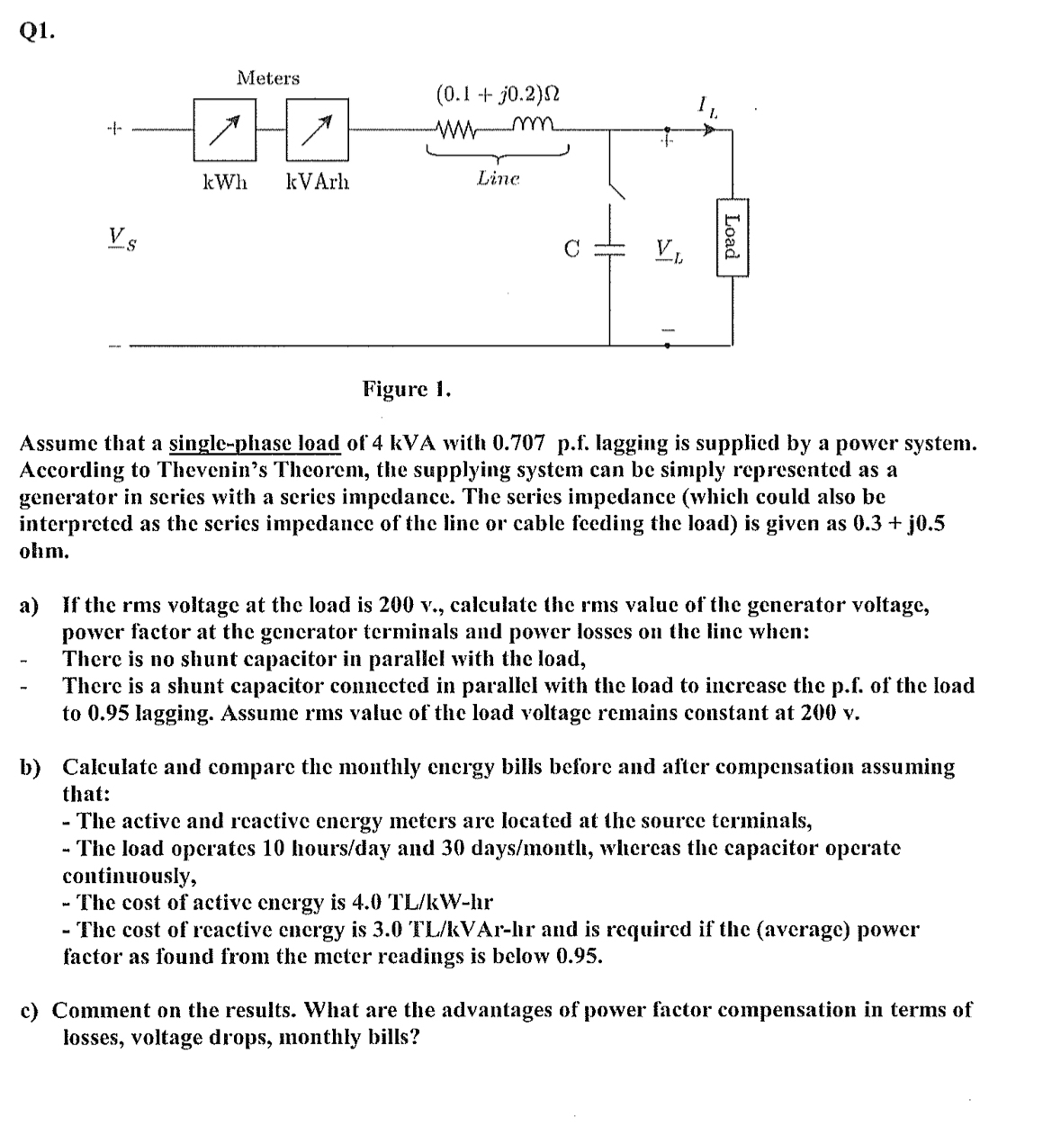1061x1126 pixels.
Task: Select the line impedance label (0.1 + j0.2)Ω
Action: (x=499, y=94)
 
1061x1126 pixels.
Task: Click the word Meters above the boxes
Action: (x=267, y=78)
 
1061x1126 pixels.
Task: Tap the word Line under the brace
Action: (x=499, y=179)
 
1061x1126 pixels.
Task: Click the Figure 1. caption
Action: (x=407, y=389)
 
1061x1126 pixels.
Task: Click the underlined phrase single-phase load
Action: (x=255, y=443)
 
